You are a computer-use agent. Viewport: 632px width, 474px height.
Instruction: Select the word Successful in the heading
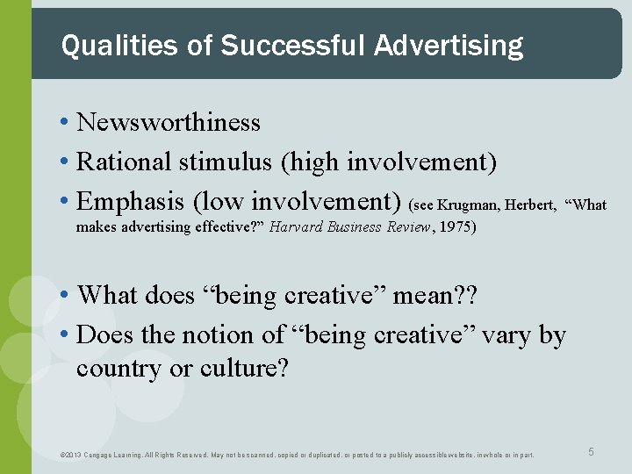click(294, 45)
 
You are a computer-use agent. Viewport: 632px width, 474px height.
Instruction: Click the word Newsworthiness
click(169, 122)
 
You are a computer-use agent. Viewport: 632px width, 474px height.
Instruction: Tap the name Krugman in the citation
click(471, 205)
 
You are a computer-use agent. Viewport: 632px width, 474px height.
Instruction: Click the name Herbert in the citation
click(530, 205)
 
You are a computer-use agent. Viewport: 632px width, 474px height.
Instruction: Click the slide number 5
click(591, 451)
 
